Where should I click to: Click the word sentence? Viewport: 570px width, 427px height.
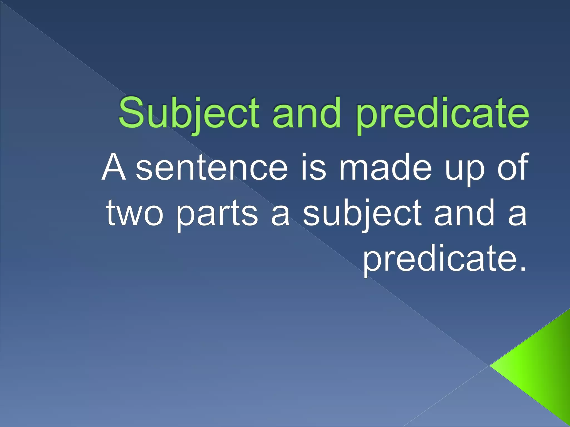(212, 168)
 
